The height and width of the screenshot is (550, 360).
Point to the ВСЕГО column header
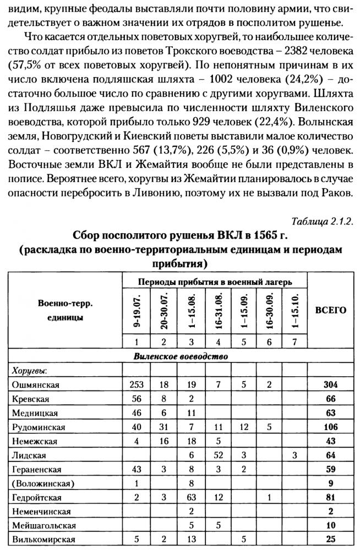point(330,310)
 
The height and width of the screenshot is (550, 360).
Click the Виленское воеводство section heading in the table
point(181,355)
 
